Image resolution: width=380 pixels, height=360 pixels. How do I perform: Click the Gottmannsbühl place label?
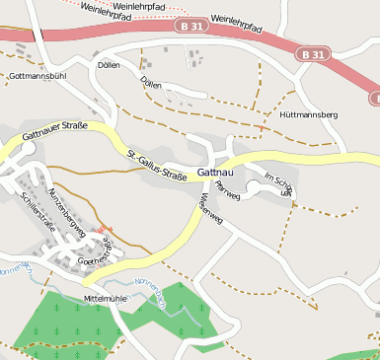tap(37, 75)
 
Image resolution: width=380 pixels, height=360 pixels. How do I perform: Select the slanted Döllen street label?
tap(151, 84)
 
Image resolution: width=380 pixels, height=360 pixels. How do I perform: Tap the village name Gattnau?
tap(215, 172)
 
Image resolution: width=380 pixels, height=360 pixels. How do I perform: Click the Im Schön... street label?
tap(278, 184)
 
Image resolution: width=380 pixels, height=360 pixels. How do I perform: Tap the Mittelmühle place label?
tap(107, 297)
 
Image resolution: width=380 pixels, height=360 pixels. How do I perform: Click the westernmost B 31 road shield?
tap(195, 29)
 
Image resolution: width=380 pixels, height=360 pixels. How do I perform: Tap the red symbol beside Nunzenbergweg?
tap(106, 230)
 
